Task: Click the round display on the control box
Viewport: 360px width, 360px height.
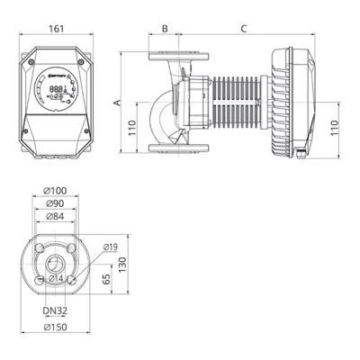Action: click(x=57, y=91)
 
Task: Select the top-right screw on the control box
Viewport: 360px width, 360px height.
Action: click(x=83, y=52)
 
